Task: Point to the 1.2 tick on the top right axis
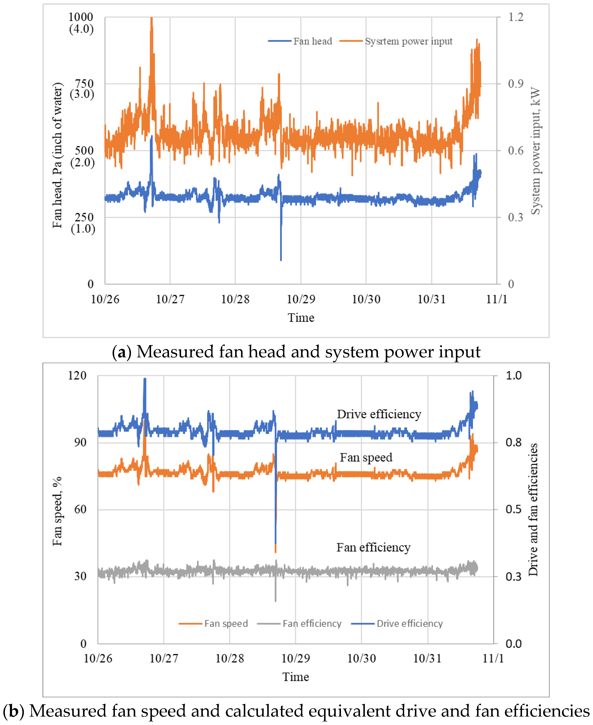[x=515, y=17]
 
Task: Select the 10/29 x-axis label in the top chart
[x=301, y=299]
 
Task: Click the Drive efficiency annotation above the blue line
[x=379, y=414]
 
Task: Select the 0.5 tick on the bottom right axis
[x=513, y=510]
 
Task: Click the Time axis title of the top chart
[x=301, y=318]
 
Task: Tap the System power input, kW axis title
[x=535, y=150]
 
